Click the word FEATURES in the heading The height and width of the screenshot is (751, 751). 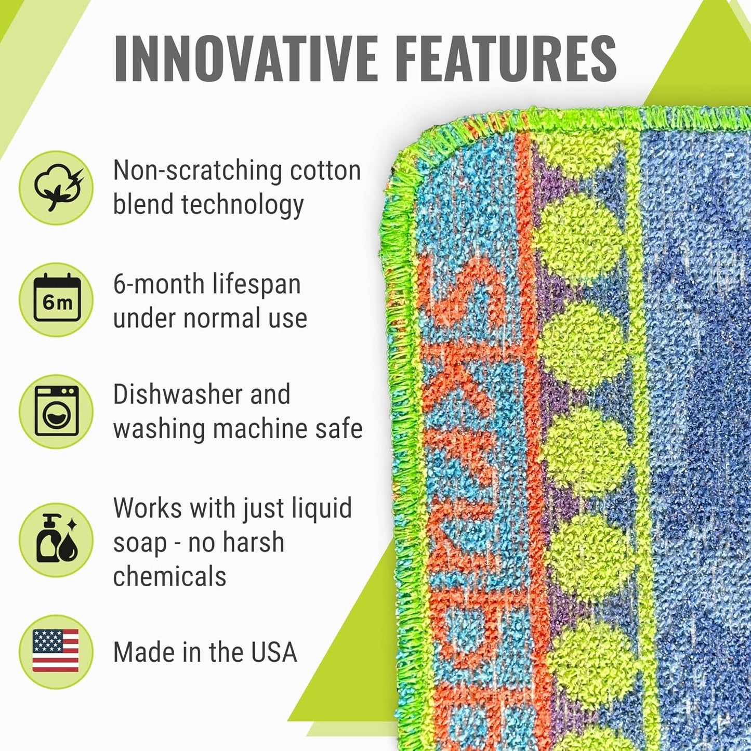[506, 58]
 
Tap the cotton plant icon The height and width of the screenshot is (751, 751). [56, 188]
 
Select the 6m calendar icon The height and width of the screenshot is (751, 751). [56, 299]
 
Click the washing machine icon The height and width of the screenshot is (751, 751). [56, 411]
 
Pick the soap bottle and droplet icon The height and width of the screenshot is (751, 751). [56, 539]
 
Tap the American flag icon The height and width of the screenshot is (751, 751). [56, 651]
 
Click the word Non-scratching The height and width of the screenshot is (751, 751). [197, 170]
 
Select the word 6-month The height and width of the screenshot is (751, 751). [159, 284]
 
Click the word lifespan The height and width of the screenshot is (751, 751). [257, 284]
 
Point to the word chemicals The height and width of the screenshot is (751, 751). [169, 577]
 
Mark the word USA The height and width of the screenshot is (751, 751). [274, 652]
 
